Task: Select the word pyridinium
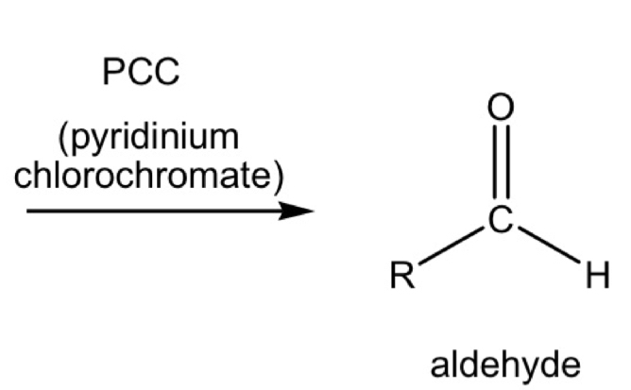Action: click(x=154, y=138)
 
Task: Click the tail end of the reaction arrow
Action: click(x=30, y=211)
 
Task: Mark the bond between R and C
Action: click(x=451, y=248)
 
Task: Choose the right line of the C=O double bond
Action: click(x=508, y=165)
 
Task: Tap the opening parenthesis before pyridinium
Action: click(x=63, y=138)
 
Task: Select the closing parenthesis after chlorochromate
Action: click(x=278, y=178)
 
